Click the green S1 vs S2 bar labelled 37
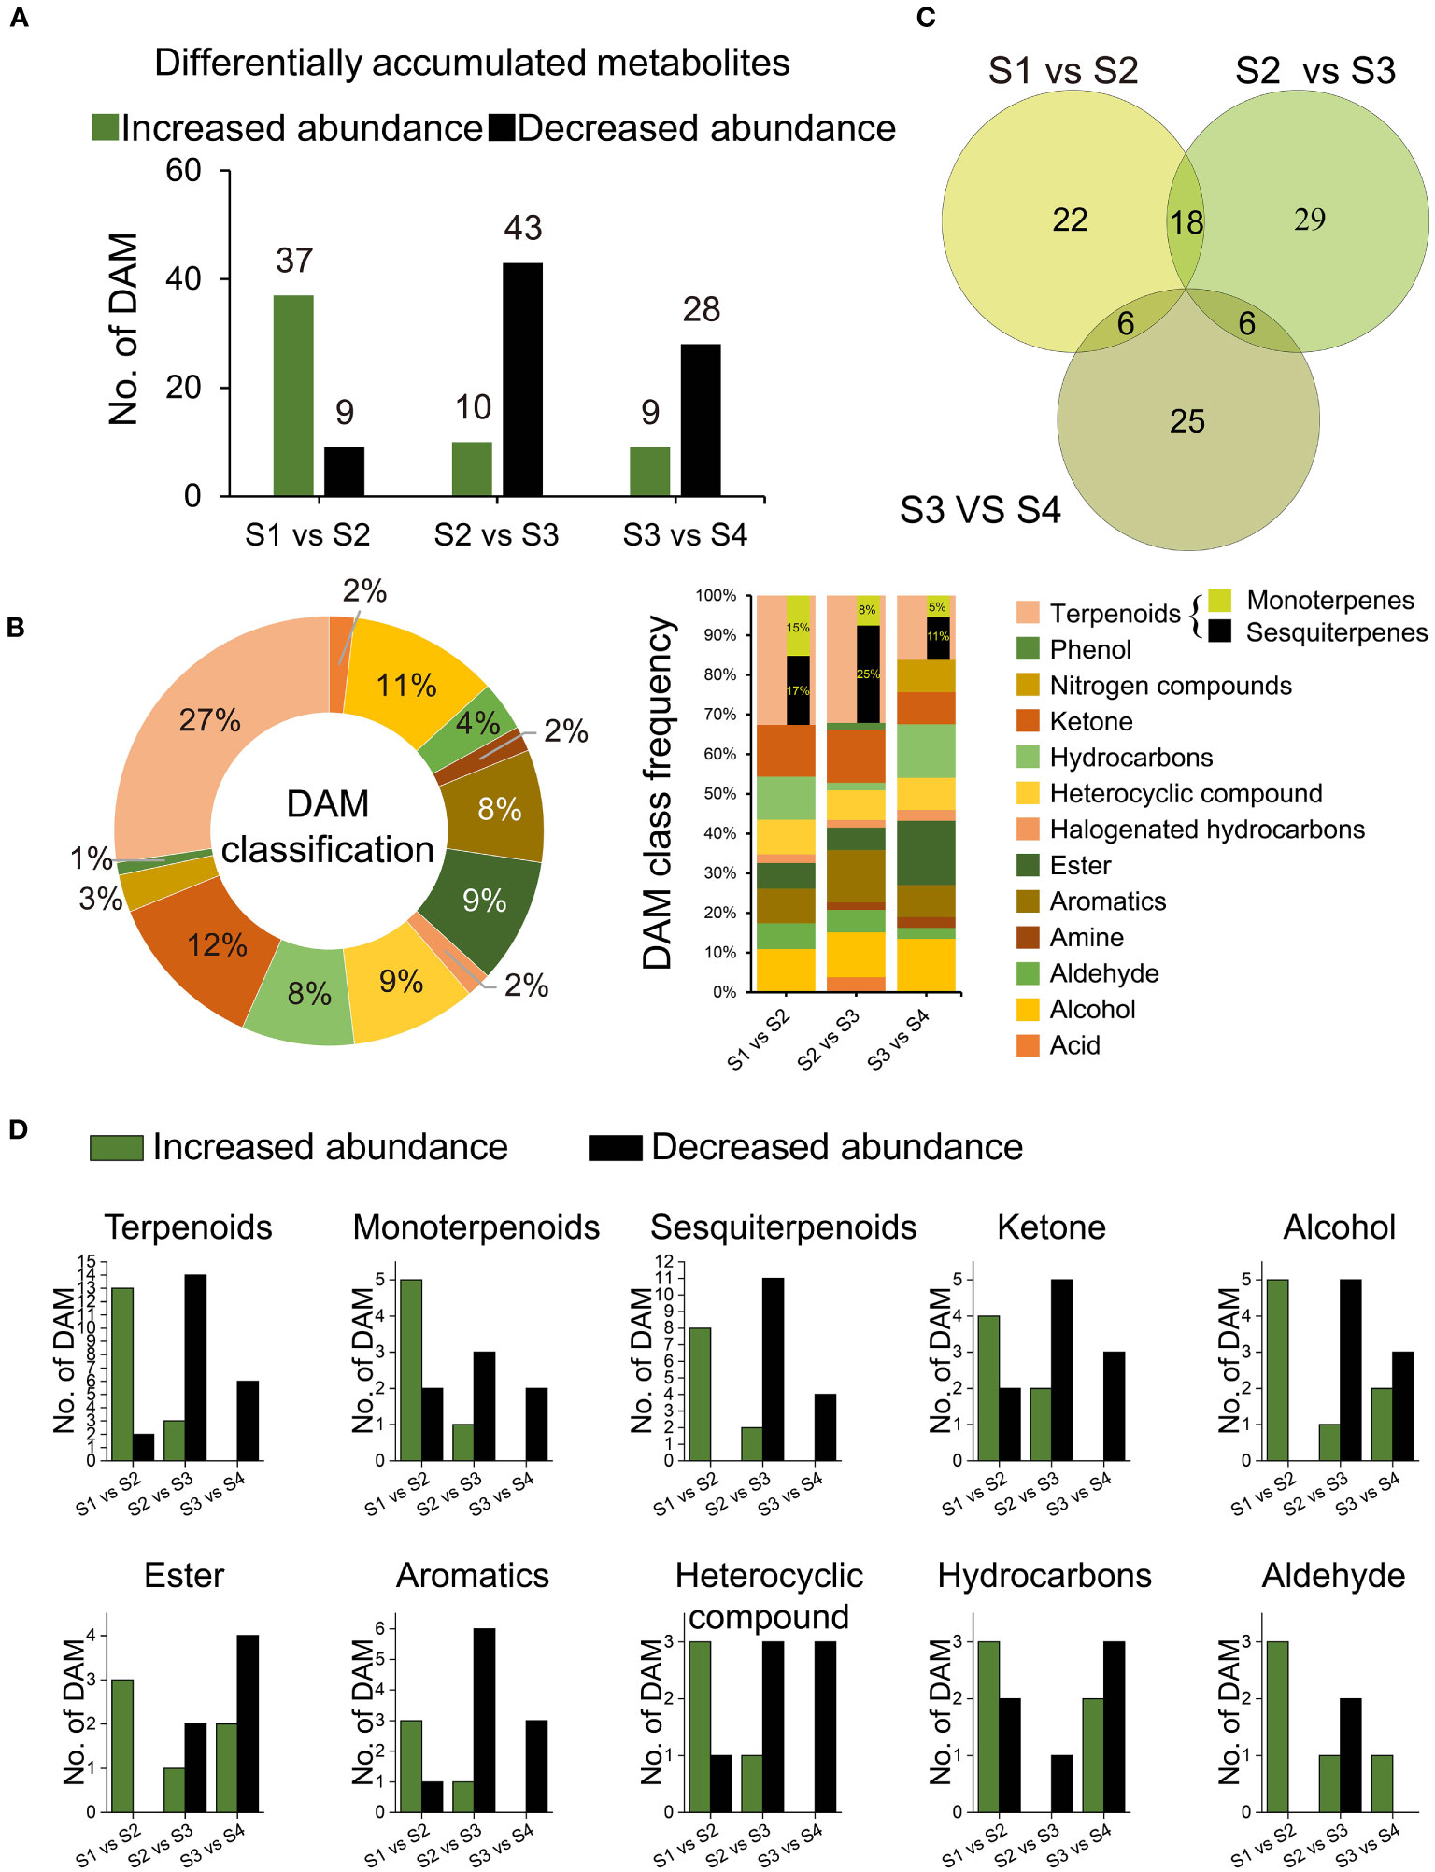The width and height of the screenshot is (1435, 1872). pos(293,395)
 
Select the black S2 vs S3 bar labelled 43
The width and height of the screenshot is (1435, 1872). pos(522,379)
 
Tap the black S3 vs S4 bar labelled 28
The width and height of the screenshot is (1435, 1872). pos(701,419)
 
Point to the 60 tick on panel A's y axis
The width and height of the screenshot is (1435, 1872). pos(184,170)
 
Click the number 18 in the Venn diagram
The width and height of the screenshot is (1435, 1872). pos(1186,222)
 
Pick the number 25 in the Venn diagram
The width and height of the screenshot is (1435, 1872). pos(1187,421)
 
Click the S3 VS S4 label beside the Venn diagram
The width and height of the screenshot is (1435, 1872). pos(980,510)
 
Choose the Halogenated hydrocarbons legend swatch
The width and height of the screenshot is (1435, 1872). pos(1028,830)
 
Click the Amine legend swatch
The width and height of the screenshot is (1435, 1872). pos(1028,937)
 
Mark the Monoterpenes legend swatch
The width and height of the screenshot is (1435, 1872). pos(1219,600)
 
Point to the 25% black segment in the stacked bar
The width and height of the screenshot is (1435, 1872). pos(868,674)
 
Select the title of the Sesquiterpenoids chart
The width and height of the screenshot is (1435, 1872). pos(783,1227)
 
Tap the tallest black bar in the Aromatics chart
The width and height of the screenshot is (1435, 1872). pos(484,1720)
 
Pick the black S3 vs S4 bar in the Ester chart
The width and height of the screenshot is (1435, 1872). pos(248,1723)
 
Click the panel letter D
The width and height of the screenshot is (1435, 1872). pos(18,1129)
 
